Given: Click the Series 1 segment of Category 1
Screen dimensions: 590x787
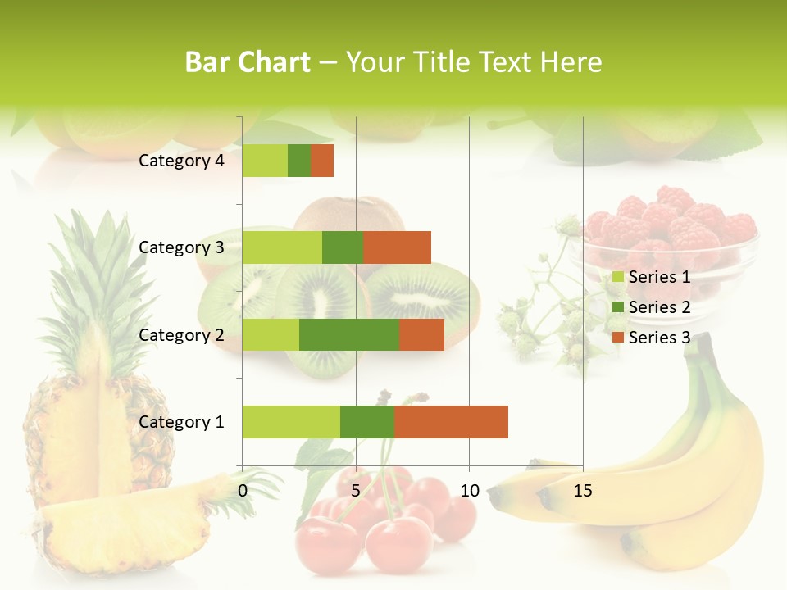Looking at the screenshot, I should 291,422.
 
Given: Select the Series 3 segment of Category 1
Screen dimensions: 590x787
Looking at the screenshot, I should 451,422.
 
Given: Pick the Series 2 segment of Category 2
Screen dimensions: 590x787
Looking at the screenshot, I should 349,334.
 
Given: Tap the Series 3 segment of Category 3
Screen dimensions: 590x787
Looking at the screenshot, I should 397,247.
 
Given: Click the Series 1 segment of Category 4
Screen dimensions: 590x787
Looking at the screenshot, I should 265,161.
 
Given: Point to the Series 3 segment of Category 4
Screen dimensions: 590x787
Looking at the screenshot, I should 322,161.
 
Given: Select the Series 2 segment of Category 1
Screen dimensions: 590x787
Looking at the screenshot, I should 367,422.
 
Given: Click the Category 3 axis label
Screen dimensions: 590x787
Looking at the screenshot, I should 181,247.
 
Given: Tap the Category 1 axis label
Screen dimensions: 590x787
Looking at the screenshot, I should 181,422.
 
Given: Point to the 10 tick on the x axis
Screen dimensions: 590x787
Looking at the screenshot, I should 469,491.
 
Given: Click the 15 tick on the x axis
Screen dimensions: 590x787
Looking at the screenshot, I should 583,491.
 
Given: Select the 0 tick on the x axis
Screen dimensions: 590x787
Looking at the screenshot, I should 243,491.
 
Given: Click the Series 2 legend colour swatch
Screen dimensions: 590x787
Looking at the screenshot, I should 618,307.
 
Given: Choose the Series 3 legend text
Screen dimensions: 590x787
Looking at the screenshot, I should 659,338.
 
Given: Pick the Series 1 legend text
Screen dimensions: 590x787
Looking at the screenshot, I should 659,277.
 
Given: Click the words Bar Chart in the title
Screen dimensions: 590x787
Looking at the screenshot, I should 248,62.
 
